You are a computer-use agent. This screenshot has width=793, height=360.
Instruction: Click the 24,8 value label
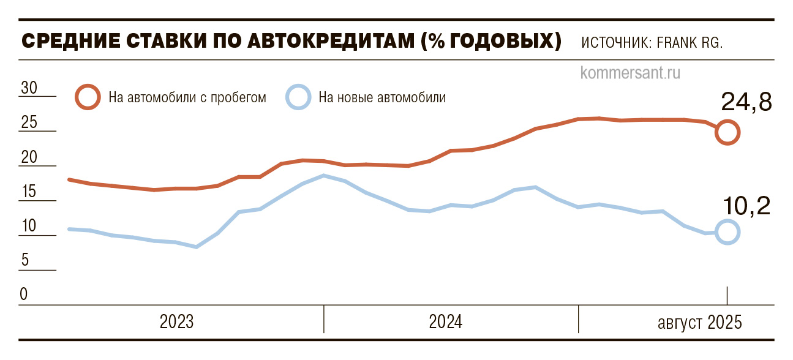745,102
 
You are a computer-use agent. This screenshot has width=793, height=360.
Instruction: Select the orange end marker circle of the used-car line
727,132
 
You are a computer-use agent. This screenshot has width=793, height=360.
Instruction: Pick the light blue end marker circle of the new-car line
727,232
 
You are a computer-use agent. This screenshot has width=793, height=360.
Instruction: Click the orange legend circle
88,97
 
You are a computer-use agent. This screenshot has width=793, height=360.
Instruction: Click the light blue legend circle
298,97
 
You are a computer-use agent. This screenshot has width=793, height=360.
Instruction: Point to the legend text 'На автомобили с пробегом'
187,97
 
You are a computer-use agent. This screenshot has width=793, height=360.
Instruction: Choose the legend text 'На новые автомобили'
382,97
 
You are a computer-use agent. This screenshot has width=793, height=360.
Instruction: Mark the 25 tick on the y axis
29,123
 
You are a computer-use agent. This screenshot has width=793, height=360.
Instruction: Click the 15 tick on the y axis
29,192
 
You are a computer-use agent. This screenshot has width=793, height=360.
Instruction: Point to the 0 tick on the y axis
24,294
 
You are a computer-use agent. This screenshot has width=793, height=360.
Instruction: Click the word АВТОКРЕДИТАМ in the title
313,42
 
